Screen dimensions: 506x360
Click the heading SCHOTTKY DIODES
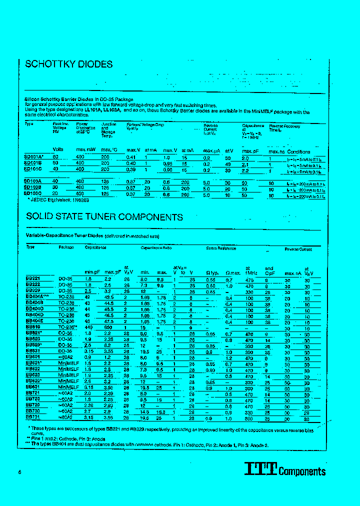68,64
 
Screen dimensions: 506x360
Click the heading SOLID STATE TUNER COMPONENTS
104,217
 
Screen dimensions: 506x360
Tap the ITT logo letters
260,468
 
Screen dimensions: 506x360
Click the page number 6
19,472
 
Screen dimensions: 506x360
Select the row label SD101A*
34,157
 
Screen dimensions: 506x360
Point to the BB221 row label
32,278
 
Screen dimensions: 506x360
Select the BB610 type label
32,326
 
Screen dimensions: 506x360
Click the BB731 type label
32,416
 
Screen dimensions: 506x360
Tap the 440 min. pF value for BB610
88,326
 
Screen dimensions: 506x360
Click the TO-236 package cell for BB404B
66,302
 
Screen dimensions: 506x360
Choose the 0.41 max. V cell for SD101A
131,157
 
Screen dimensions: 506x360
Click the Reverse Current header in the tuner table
298,248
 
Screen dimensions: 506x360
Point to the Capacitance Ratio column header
156,248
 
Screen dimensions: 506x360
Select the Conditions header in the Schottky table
298,151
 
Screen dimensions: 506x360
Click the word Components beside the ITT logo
302,471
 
